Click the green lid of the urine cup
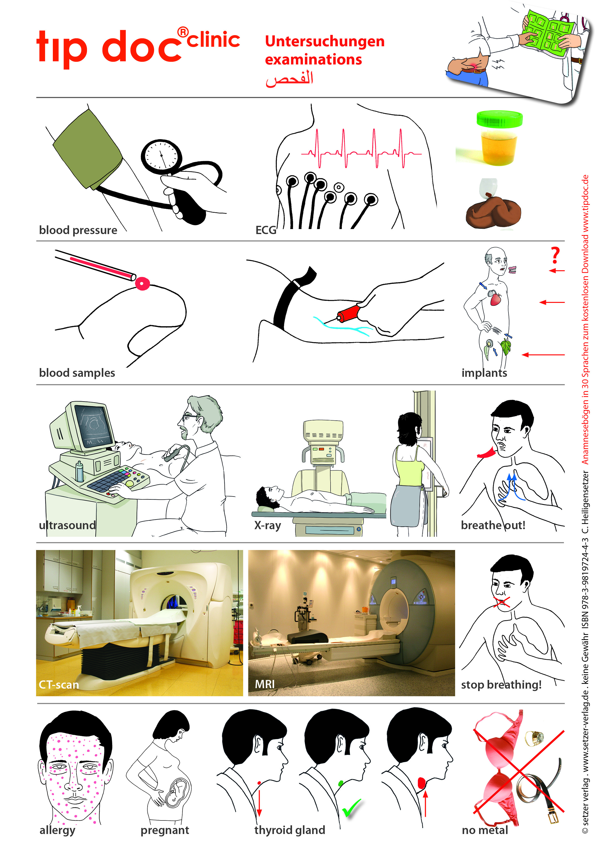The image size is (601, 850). (x=499, y=119)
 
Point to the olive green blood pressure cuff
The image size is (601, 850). (x=87, y=149)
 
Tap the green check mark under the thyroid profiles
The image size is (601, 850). (x=351, y=807)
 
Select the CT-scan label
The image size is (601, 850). (x=59, y=685)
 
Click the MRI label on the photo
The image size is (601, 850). (x=265, y=684)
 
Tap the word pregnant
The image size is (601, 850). (x=165, y=830)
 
